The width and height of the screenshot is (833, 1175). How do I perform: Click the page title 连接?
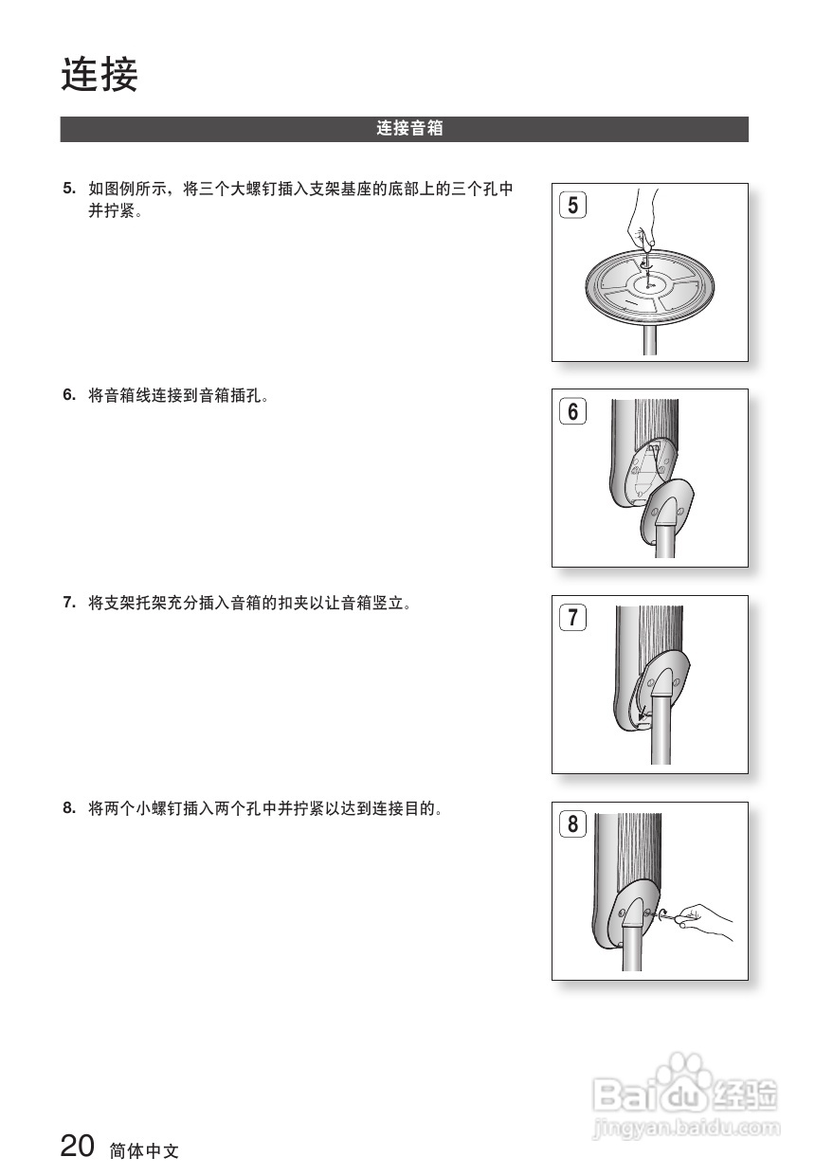(100, 75)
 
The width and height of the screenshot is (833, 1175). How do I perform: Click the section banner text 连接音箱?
(409, 129)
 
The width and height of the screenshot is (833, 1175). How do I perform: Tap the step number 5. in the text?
(69, 188)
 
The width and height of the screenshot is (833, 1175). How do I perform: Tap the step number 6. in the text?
(69, 394)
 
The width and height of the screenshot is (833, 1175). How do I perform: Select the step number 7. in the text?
(69, 601)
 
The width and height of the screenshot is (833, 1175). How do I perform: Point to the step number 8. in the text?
(69, 807)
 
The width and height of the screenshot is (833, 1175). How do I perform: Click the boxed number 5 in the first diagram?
(572, 205)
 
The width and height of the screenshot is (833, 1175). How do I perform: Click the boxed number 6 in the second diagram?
(572, 411)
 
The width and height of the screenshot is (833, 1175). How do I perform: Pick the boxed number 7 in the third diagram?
(572, 618)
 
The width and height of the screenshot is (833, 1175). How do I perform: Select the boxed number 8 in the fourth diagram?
(572, 824)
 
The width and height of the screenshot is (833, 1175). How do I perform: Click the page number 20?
(78, 1147)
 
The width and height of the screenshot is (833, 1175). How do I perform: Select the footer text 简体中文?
(144, 1151)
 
